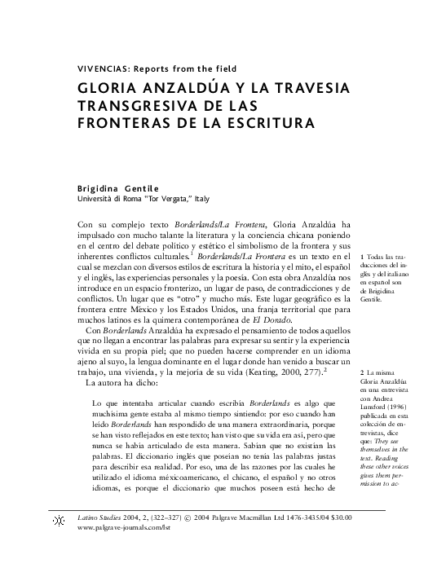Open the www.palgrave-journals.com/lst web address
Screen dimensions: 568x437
[x=124, y=528]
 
